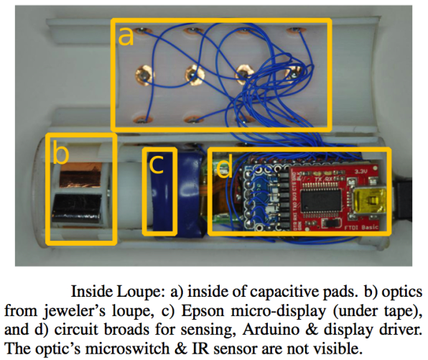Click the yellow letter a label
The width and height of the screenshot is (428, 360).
point(126,37)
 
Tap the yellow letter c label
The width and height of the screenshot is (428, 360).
point(157,165)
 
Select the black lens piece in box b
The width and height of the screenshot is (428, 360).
point(76,208)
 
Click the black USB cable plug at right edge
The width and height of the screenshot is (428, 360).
point(404,200)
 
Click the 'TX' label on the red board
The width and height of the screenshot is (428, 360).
point(318,180)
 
